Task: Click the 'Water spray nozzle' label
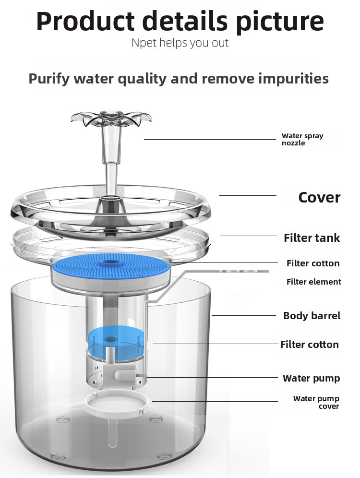[x=302, y=139]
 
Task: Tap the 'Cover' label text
[x=319, y=197]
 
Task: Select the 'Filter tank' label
[x=312, y=238]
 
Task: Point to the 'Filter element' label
[x=313, y=282]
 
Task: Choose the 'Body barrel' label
[x=312, y=315]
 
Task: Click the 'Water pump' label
[x=311, y=378]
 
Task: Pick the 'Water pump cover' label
[x=316, y=402]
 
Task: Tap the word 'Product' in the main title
[x=85, y=21]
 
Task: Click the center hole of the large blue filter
[x=109, y=262]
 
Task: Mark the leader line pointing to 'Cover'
[x=248, y=195]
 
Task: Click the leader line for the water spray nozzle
[x=210, y=139]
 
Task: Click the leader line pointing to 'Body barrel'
[x=244, y=315]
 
